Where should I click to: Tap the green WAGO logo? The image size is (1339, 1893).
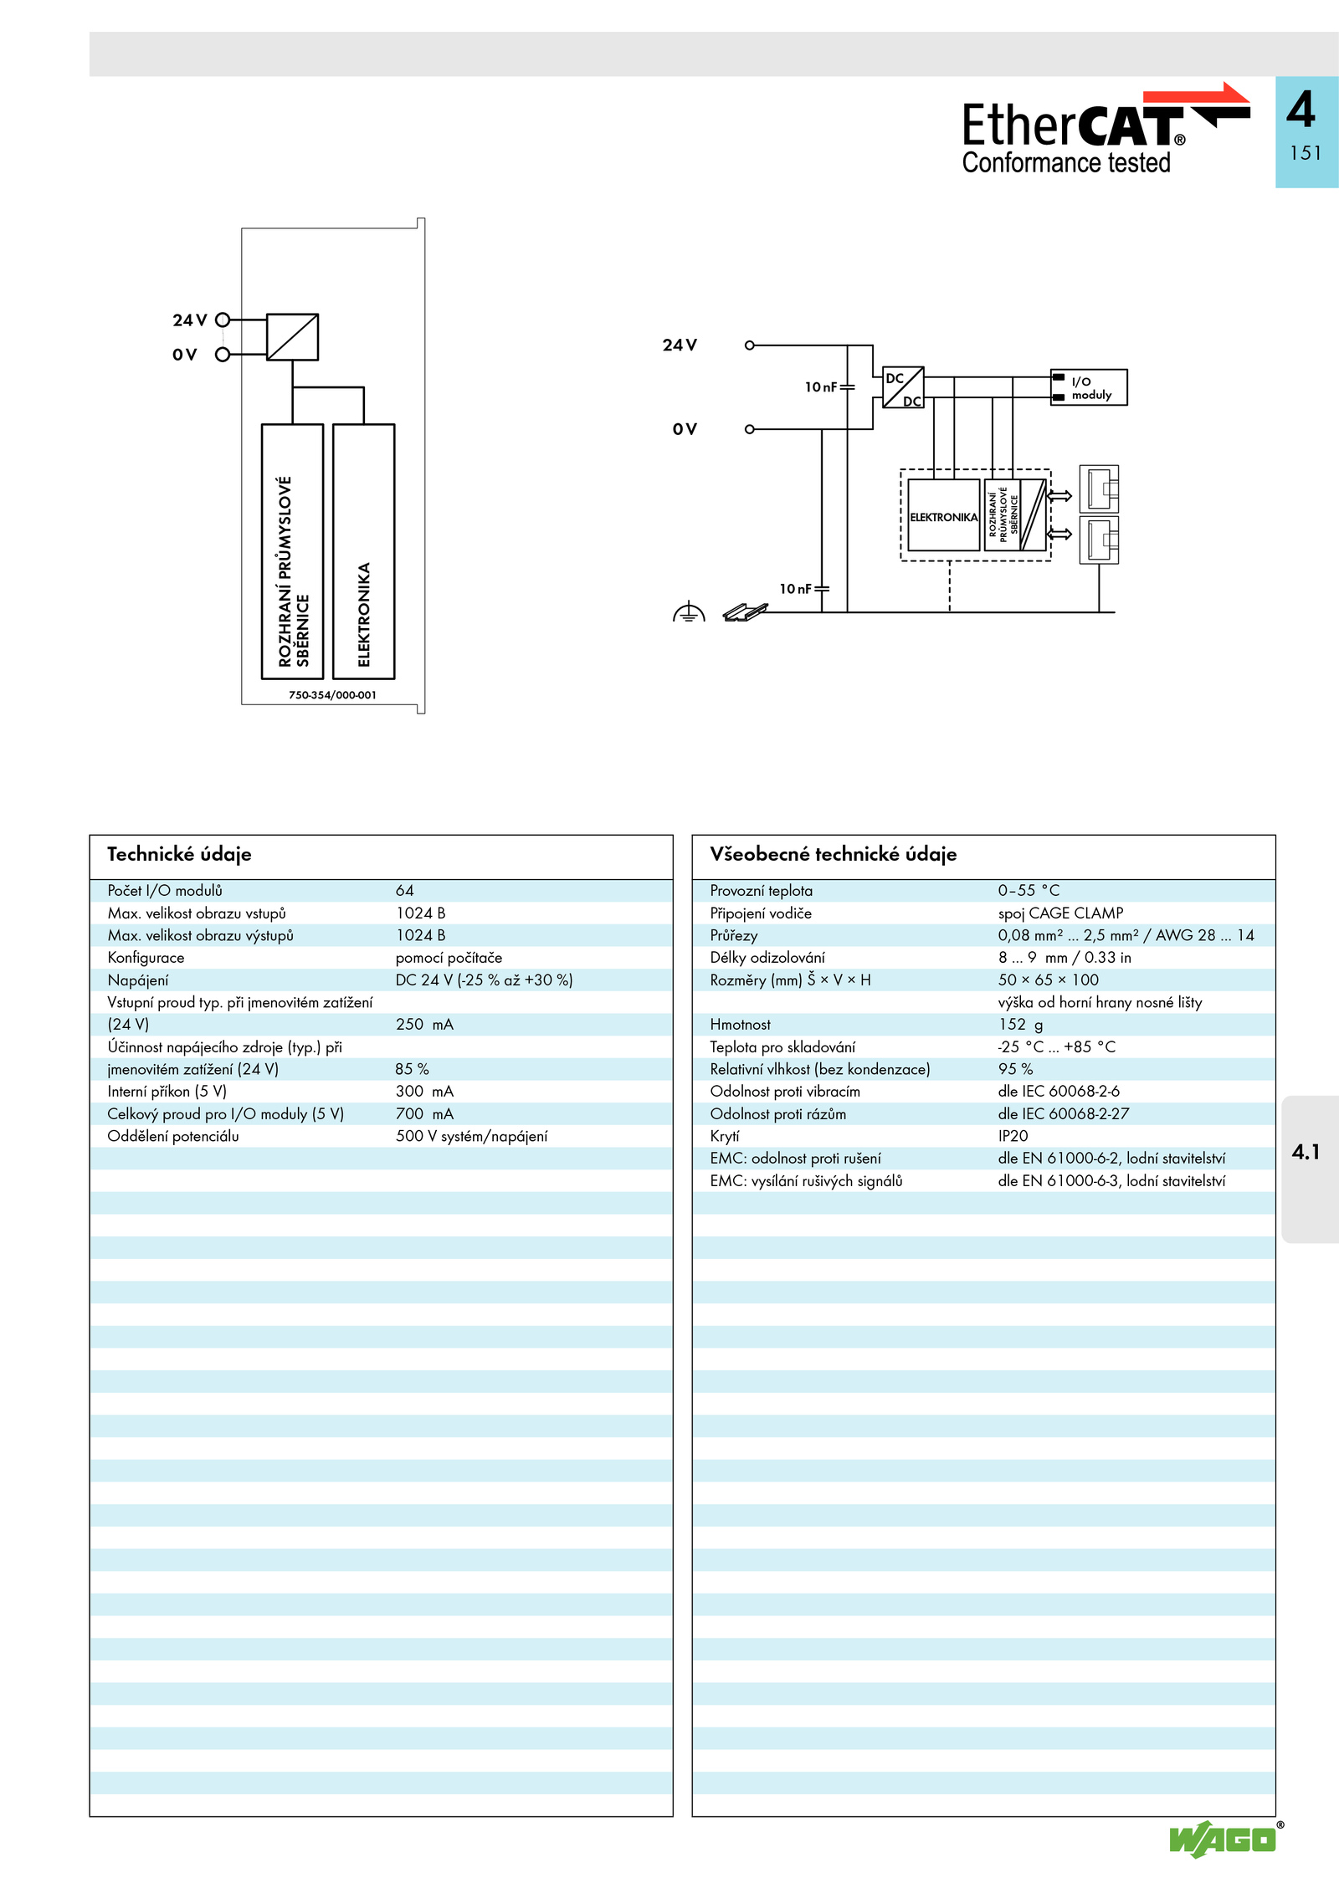1224,1839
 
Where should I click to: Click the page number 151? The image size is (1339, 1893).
1306,153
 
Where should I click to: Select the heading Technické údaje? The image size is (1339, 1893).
179,854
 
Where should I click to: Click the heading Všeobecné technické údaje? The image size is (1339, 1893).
833,854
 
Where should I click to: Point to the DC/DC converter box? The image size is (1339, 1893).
903,387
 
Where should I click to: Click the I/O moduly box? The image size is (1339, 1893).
1089,387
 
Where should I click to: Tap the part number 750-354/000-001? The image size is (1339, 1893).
332,695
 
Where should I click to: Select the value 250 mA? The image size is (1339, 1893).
424,1025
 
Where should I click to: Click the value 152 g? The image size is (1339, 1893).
1020,1025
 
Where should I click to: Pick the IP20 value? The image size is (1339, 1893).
1013,1136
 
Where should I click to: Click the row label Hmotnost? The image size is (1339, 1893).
740,1025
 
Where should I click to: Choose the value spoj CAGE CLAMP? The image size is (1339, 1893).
1060,913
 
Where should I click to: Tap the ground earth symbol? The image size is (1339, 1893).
689,612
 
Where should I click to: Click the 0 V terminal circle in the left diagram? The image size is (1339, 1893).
223,355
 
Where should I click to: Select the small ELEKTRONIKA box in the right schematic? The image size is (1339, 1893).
944,515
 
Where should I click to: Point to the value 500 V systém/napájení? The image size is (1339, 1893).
472,1136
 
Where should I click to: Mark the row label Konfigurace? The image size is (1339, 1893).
146,958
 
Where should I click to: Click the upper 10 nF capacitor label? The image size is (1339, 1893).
821,387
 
